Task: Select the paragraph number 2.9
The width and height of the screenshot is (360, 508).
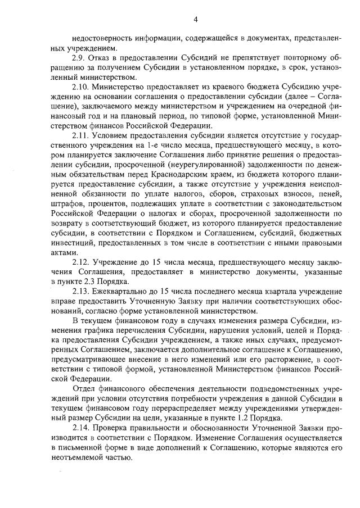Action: point(79,58)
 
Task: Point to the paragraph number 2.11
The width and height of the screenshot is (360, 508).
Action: point(81,136)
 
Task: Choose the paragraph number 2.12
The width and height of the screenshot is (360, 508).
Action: point(81,262)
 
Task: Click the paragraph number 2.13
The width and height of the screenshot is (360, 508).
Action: point(81,292)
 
